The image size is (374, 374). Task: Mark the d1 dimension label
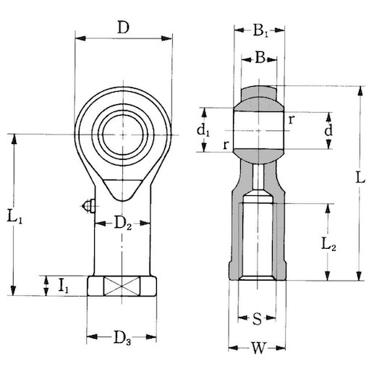pyautogui.click(x=205, y=132)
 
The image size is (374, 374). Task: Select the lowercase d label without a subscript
pyautogui.click(x=328, y=131)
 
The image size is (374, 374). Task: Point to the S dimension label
pyautogui.click(x=258, y=318)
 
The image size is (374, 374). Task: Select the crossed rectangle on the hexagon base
pyautogui.click(x=121, y=286)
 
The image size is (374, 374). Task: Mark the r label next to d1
pyautogui.click(x=226, y=145)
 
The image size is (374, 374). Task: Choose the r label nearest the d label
pyautogui.click(x=290, y=119)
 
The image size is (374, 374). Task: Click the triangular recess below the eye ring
pyautogui.click(x=122, y=187)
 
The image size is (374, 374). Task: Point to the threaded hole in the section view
pyautogui.click(x=258, y=239)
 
